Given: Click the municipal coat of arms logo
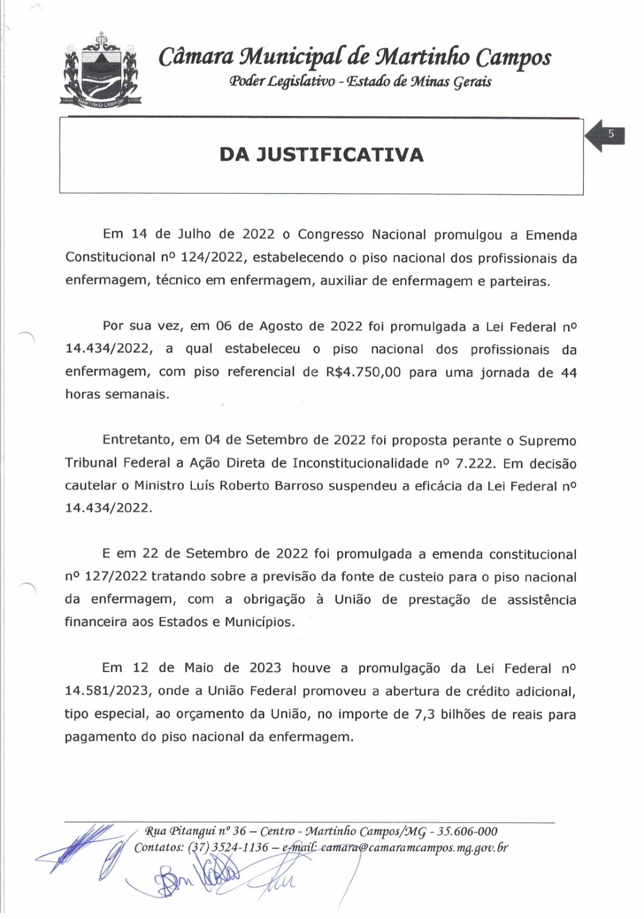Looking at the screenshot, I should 101,71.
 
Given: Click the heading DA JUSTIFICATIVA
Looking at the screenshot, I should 321,155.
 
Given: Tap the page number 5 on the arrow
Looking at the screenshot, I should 611,134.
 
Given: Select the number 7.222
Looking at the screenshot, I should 469,464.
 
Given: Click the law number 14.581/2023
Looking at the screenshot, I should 107,691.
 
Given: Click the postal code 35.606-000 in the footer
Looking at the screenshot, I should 468,832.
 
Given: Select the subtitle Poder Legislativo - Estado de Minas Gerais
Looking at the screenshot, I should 360,82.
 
